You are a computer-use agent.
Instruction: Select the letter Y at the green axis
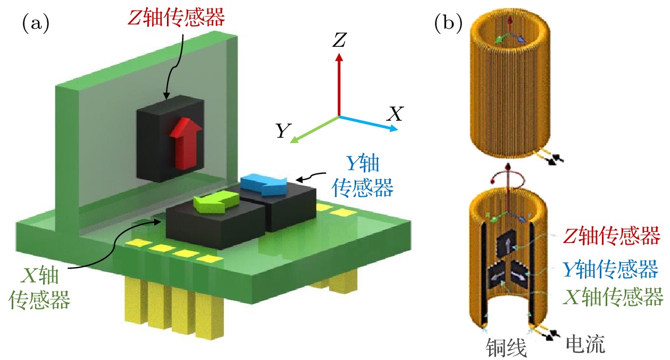pos(282,131)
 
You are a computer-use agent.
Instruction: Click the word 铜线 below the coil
pos(506,348)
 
